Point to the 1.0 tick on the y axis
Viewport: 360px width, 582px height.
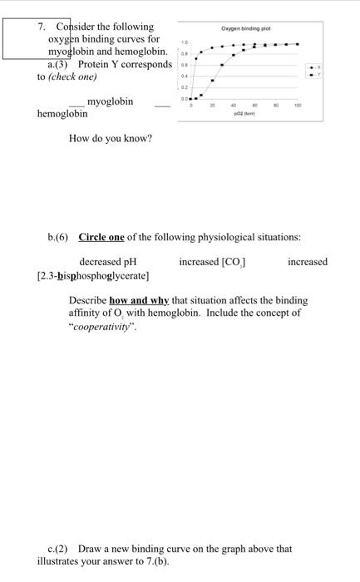point(185,41)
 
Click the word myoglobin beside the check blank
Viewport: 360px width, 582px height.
point(110,101)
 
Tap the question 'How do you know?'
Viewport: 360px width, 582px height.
point(111,138)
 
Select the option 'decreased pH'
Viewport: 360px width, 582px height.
point(107,262)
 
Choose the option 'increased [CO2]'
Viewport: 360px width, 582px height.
point(212,262)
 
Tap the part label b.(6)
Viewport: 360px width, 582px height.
point(58,237)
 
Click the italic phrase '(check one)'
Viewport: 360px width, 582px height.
point(73,76)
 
